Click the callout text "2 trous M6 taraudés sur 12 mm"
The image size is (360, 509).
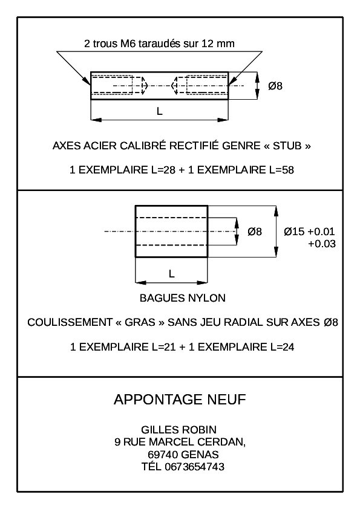click(159, 44)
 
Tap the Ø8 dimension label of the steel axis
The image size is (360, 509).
click(275, 86)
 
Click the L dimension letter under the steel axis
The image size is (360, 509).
click(160, 111)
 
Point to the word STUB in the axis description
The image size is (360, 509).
click(287, 146)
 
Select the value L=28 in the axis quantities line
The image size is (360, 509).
click(163, 170)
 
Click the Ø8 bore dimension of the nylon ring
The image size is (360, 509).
click(255, 232)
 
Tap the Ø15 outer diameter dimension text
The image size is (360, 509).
click(294, 232)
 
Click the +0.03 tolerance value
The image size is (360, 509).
click(322, 244)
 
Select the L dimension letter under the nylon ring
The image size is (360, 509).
click(172, 274)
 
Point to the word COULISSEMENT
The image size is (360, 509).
click(70, 322)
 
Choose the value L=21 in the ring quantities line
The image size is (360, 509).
click(164, 347)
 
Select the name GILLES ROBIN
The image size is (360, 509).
click(178, 430)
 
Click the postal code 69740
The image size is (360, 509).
click(164, 455)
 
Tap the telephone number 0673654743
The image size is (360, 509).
click(195, 467)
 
